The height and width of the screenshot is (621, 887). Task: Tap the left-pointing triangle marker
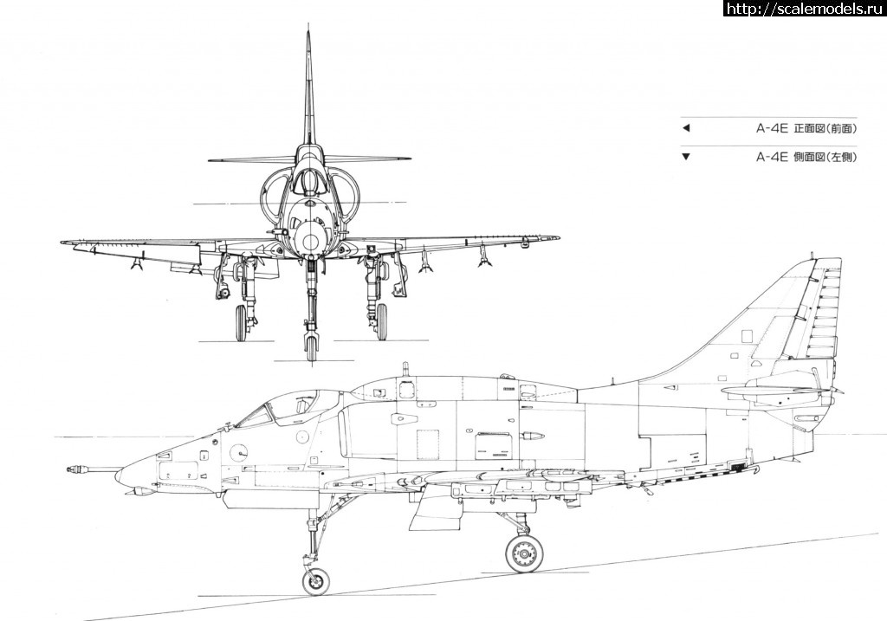(x=686, y=128)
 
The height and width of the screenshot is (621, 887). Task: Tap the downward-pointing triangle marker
(x=686, y=157)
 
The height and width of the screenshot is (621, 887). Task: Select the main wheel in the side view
(x=524, y=553)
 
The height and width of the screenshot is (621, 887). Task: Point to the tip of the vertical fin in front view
(x=308, y=35)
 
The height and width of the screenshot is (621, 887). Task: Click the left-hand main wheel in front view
(x=241, y=323)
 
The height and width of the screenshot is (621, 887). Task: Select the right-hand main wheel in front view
(x=381, y=323)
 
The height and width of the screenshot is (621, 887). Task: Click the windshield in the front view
(x=308, y=182)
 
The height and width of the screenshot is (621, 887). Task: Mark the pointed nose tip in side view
(x=120, y=472)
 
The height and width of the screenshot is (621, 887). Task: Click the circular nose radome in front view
(x=309, y=241)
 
